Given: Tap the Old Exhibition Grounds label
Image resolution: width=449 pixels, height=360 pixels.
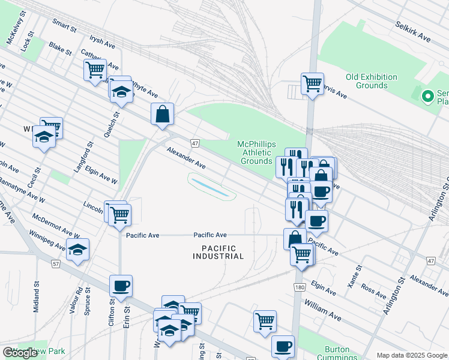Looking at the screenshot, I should pos(372,81).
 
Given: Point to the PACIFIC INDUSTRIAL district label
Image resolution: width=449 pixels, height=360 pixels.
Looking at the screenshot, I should pos(218,252).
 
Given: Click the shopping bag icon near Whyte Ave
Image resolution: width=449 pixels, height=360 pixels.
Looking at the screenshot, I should pos(163,114).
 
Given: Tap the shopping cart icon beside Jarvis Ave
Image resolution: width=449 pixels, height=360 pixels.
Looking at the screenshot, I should pos(312,83).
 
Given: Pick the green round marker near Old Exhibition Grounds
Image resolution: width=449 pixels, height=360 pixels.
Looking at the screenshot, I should pos(428,96).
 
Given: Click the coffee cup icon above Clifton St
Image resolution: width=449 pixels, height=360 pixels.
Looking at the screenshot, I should pos(121,286).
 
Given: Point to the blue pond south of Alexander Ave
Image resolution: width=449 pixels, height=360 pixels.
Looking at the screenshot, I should pos(209,186).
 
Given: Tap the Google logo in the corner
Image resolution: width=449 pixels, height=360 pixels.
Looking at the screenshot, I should pos(20,353).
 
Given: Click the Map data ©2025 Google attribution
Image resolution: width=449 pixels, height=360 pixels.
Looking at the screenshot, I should pos(412,355).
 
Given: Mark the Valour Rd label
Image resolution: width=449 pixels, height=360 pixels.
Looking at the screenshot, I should pos(80,298).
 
